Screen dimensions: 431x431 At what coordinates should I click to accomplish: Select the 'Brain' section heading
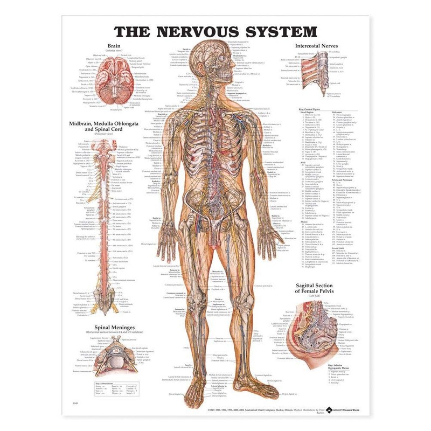coord(114,46)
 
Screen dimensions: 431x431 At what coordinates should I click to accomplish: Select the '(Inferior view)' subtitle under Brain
coord(114,51)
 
